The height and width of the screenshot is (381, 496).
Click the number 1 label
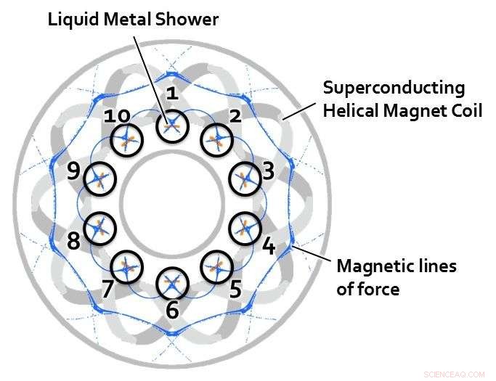coord(172,93)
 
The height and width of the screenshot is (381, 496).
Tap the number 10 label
coord(116,117)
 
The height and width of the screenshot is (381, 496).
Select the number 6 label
coord(172,310)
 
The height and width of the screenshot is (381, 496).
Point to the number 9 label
coord(73,173)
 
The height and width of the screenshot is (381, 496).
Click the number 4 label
coord(268,247)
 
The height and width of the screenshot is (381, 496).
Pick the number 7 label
coord(107,289)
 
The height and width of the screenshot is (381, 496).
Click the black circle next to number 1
coord(172,126)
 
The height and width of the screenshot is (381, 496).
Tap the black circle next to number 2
coord(216,140)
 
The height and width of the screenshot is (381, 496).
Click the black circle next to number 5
coord(216,266)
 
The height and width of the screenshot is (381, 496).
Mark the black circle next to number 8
coord(99,228)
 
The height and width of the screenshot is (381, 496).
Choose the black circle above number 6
coord(172,281)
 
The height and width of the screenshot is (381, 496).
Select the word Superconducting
coord(394,89)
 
